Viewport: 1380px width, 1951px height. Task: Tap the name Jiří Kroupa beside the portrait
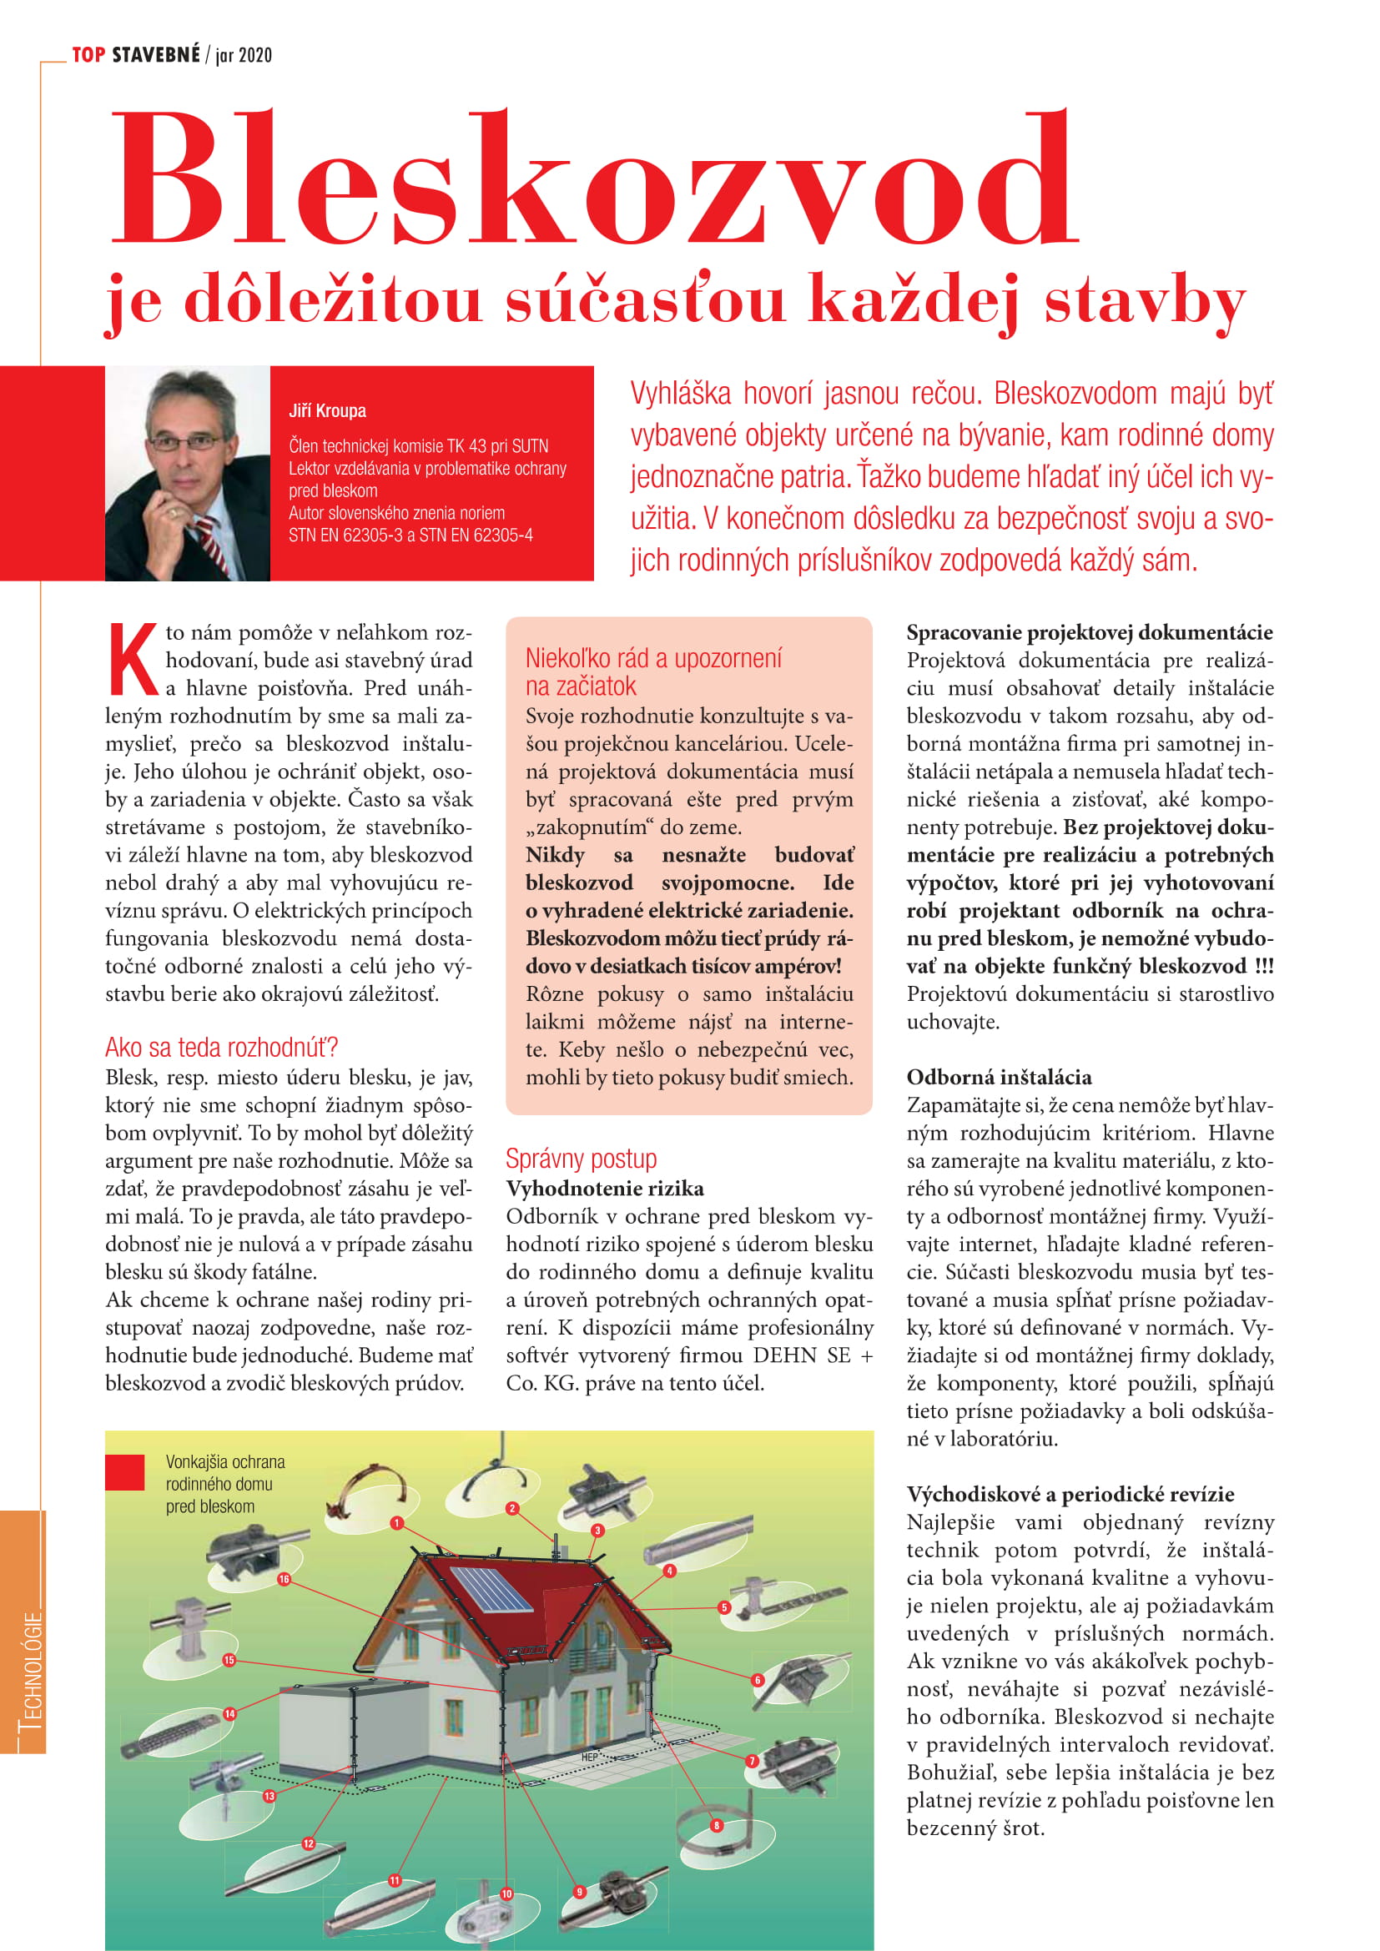[327, 411]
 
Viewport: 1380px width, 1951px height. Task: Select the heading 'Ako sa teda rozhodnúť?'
[222, 1047]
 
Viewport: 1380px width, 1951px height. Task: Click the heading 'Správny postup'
[582, 1159]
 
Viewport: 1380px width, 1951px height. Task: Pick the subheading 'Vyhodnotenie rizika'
[605, 1188]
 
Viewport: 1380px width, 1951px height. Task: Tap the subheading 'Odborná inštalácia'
[999, 1077]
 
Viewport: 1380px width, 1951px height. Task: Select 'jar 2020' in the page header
[244, 56]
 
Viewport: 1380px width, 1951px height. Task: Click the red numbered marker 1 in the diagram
[396, 1523]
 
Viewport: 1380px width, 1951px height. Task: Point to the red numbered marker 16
[284, 1579]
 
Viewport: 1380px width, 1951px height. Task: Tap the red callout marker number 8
[717, 1825]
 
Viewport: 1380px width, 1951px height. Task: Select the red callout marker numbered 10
[506, 1894]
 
